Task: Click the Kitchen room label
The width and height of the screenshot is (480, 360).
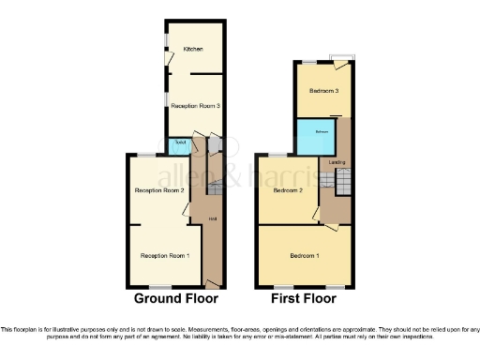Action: tap(194, 49)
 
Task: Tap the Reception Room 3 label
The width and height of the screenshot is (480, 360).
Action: tap(195, 106)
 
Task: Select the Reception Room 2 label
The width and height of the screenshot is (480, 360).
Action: tap(158, 191)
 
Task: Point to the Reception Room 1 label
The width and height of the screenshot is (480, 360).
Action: tap(165, 255)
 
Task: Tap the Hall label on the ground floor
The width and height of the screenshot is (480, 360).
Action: tap(214, 219)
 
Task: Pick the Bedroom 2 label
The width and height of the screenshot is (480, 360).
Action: tap(289, 190)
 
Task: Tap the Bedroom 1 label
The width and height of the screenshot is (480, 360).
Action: tap(304, 255)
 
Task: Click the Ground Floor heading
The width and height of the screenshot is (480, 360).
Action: tap(176, 299)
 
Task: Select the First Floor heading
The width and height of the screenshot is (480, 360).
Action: tap(304, 299)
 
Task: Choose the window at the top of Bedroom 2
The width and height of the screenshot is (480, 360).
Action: tap(278, 154)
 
